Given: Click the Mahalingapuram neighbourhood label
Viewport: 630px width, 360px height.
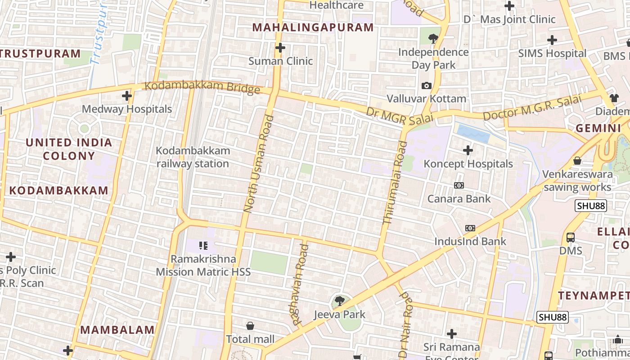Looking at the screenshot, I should coord(313,27).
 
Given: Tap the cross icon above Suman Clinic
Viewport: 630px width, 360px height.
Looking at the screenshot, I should coord(280,47).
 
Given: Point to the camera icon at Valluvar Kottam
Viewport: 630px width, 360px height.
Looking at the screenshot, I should coord(426,85).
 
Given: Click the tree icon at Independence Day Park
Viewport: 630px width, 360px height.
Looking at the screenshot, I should coord(433,38).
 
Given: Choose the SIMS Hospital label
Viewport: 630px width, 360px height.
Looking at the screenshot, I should coord(552,53).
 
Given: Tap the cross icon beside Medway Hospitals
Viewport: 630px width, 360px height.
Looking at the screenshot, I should coord(127,96).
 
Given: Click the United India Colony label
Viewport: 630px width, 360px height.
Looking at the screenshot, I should coord(69,149).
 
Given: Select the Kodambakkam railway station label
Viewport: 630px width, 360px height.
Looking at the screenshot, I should coord(193,157).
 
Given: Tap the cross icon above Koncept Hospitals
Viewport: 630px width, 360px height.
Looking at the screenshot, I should coord(468,150).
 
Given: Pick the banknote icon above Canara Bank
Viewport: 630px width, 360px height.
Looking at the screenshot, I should coord(459,185).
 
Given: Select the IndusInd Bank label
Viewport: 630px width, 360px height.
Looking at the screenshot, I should coord(470,241).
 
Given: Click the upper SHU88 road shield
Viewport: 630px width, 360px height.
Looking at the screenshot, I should coord(590,206).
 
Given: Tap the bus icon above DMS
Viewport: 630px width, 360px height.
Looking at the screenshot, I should coord(571,237).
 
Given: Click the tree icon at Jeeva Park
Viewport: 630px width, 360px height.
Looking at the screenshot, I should coord(340,301).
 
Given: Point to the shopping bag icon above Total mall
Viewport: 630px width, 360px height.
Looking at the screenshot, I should coord(250,325).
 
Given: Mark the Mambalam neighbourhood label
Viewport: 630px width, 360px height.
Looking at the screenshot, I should coord(117,329).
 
